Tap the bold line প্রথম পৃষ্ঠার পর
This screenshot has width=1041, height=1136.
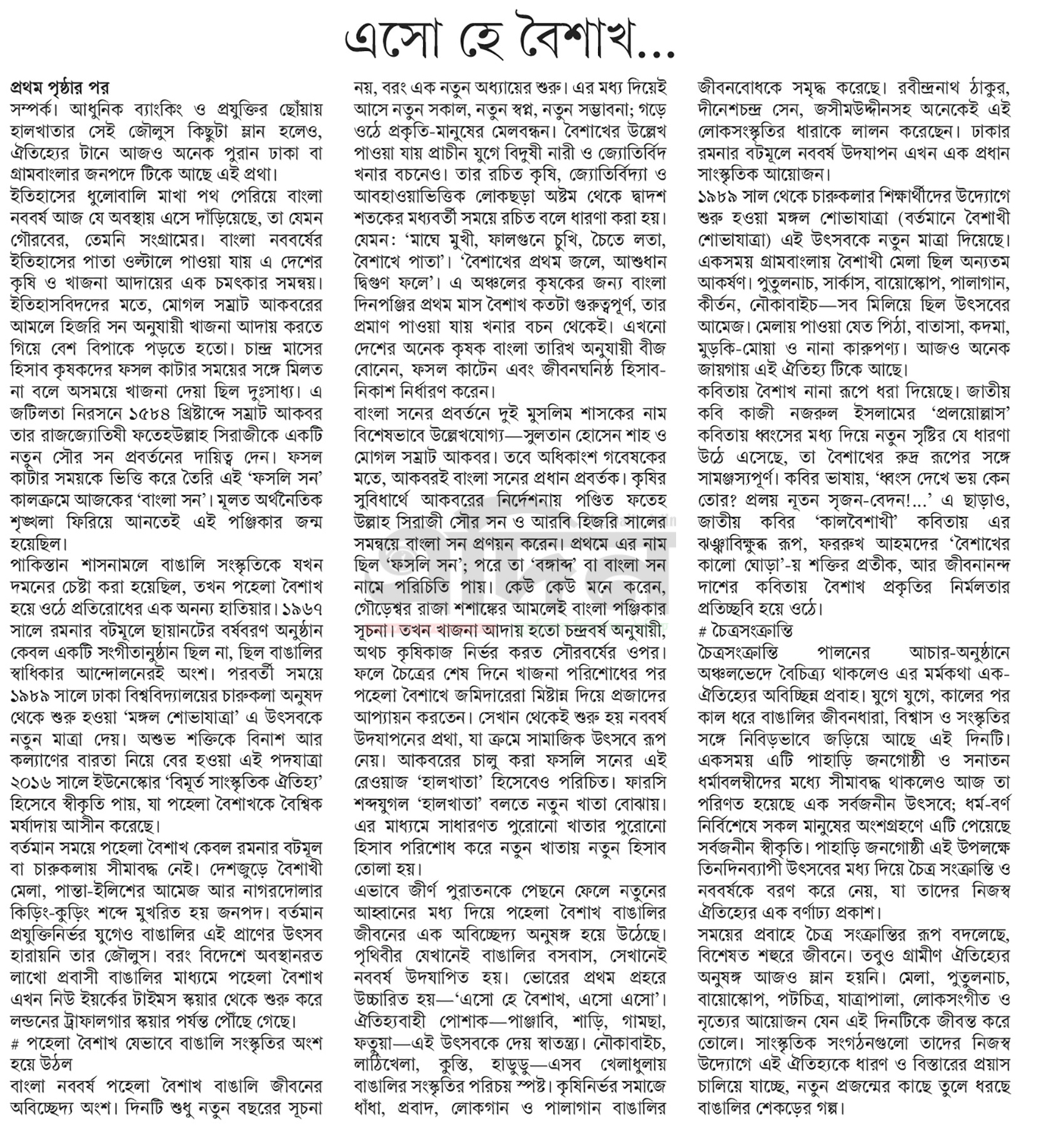(x=60, y=87)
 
